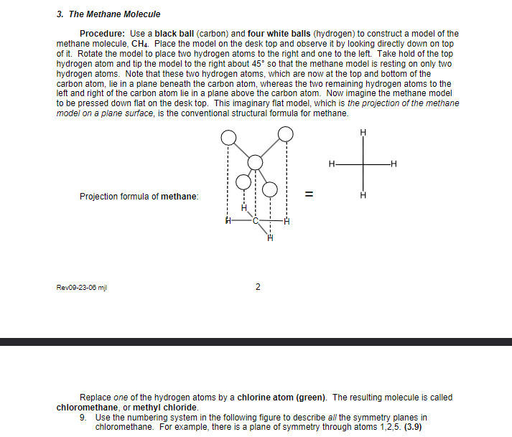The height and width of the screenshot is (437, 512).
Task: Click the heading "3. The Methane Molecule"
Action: (108, 14)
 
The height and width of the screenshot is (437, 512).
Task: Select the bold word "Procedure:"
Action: (103, 34)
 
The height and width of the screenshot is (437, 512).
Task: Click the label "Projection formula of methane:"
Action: (139, 197)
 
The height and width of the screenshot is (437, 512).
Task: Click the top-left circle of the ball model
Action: (228, 137)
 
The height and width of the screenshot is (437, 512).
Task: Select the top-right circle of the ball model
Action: (286, 133)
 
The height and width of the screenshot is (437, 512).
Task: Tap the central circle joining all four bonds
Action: (256, 164)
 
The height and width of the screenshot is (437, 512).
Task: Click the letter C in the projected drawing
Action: (254, 220)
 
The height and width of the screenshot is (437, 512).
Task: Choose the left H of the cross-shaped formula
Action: (331, 164)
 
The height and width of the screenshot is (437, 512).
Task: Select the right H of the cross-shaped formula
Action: (394, 164)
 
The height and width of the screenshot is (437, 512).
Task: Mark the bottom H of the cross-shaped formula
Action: (363, 194)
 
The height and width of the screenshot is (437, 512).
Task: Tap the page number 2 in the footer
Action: (258, 288)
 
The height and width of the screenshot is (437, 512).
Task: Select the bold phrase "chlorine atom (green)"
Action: (283, 398)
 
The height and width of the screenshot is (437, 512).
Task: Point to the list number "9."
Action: (84, 418)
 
